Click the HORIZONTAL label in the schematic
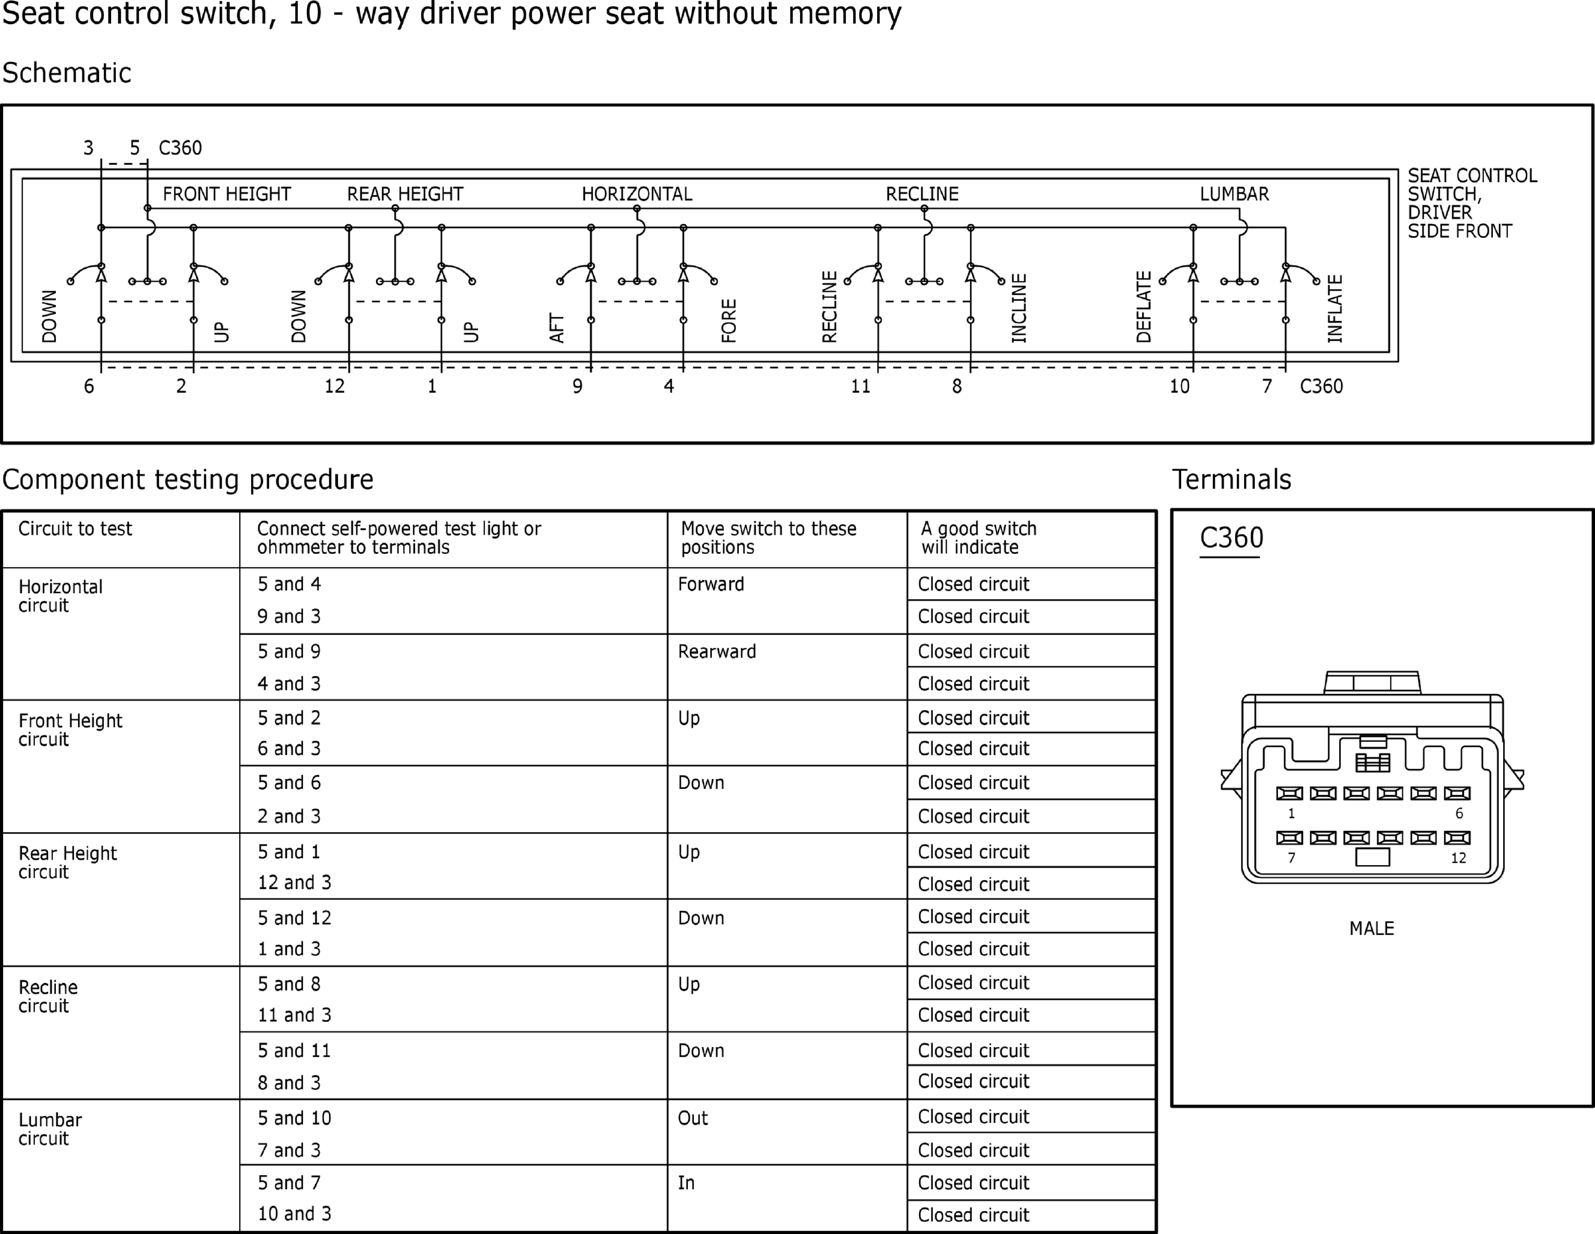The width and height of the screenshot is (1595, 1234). click(x=637, y=194)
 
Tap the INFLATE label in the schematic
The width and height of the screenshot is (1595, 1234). click(x=1335, y=309)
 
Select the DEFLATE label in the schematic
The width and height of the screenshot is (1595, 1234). click(x=1143, y=307)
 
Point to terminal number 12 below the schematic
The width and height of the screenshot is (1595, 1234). click(x=334, y=386)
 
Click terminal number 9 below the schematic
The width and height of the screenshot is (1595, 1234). click(x=577, y=386)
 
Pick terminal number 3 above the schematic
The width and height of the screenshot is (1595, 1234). click(x=88, y=148)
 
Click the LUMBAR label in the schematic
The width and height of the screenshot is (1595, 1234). click(x=1234, y=194)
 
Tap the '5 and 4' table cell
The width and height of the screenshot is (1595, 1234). click(x=289, y=584)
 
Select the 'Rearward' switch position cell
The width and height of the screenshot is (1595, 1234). click(x=717, y=651)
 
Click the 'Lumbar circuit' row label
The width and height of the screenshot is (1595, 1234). click(x=50, y=1129)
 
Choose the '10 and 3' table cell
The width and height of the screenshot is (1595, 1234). click(x=294, y=1214)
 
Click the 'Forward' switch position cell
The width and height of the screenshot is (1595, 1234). click(x=711, y=584)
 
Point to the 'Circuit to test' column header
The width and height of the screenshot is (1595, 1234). click(x=75, y=529)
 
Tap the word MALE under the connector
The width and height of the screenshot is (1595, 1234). click(x=1371, y=928)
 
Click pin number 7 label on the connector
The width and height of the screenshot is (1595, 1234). click(x=1291, y=858)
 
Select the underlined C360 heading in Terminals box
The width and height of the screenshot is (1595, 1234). click(x=1231, y=538)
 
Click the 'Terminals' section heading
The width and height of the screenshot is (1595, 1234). click(x=1231, y=479)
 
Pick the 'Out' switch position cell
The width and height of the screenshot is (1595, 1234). click(x=693, y=1118)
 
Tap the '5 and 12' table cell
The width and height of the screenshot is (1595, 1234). click(x=294, y=918)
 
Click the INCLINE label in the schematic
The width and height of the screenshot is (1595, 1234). click(x=1019, y=308)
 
